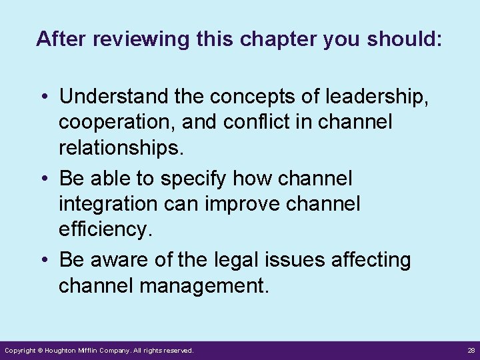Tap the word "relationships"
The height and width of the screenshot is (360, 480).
pyautogui.click(x=120, y=147)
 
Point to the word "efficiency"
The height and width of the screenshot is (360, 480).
pyautogui.click(x=105, y=229)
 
